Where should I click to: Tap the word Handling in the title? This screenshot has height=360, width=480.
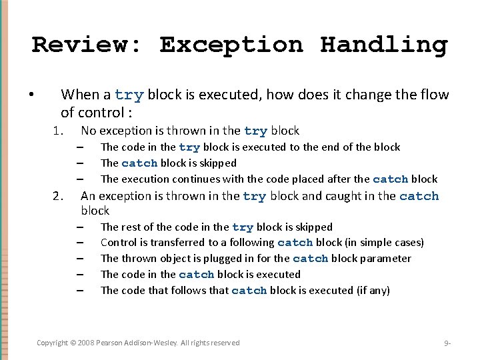383,45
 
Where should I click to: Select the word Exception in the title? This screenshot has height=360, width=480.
231,45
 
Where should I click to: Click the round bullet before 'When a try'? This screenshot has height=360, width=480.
31,95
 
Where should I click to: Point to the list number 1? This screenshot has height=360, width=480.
58,131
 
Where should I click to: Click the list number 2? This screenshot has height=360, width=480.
58,196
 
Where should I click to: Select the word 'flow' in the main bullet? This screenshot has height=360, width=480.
435,95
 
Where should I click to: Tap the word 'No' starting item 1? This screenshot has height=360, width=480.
88,131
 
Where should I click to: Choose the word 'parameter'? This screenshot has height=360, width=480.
386,259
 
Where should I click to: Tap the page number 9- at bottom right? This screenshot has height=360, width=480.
447,343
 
